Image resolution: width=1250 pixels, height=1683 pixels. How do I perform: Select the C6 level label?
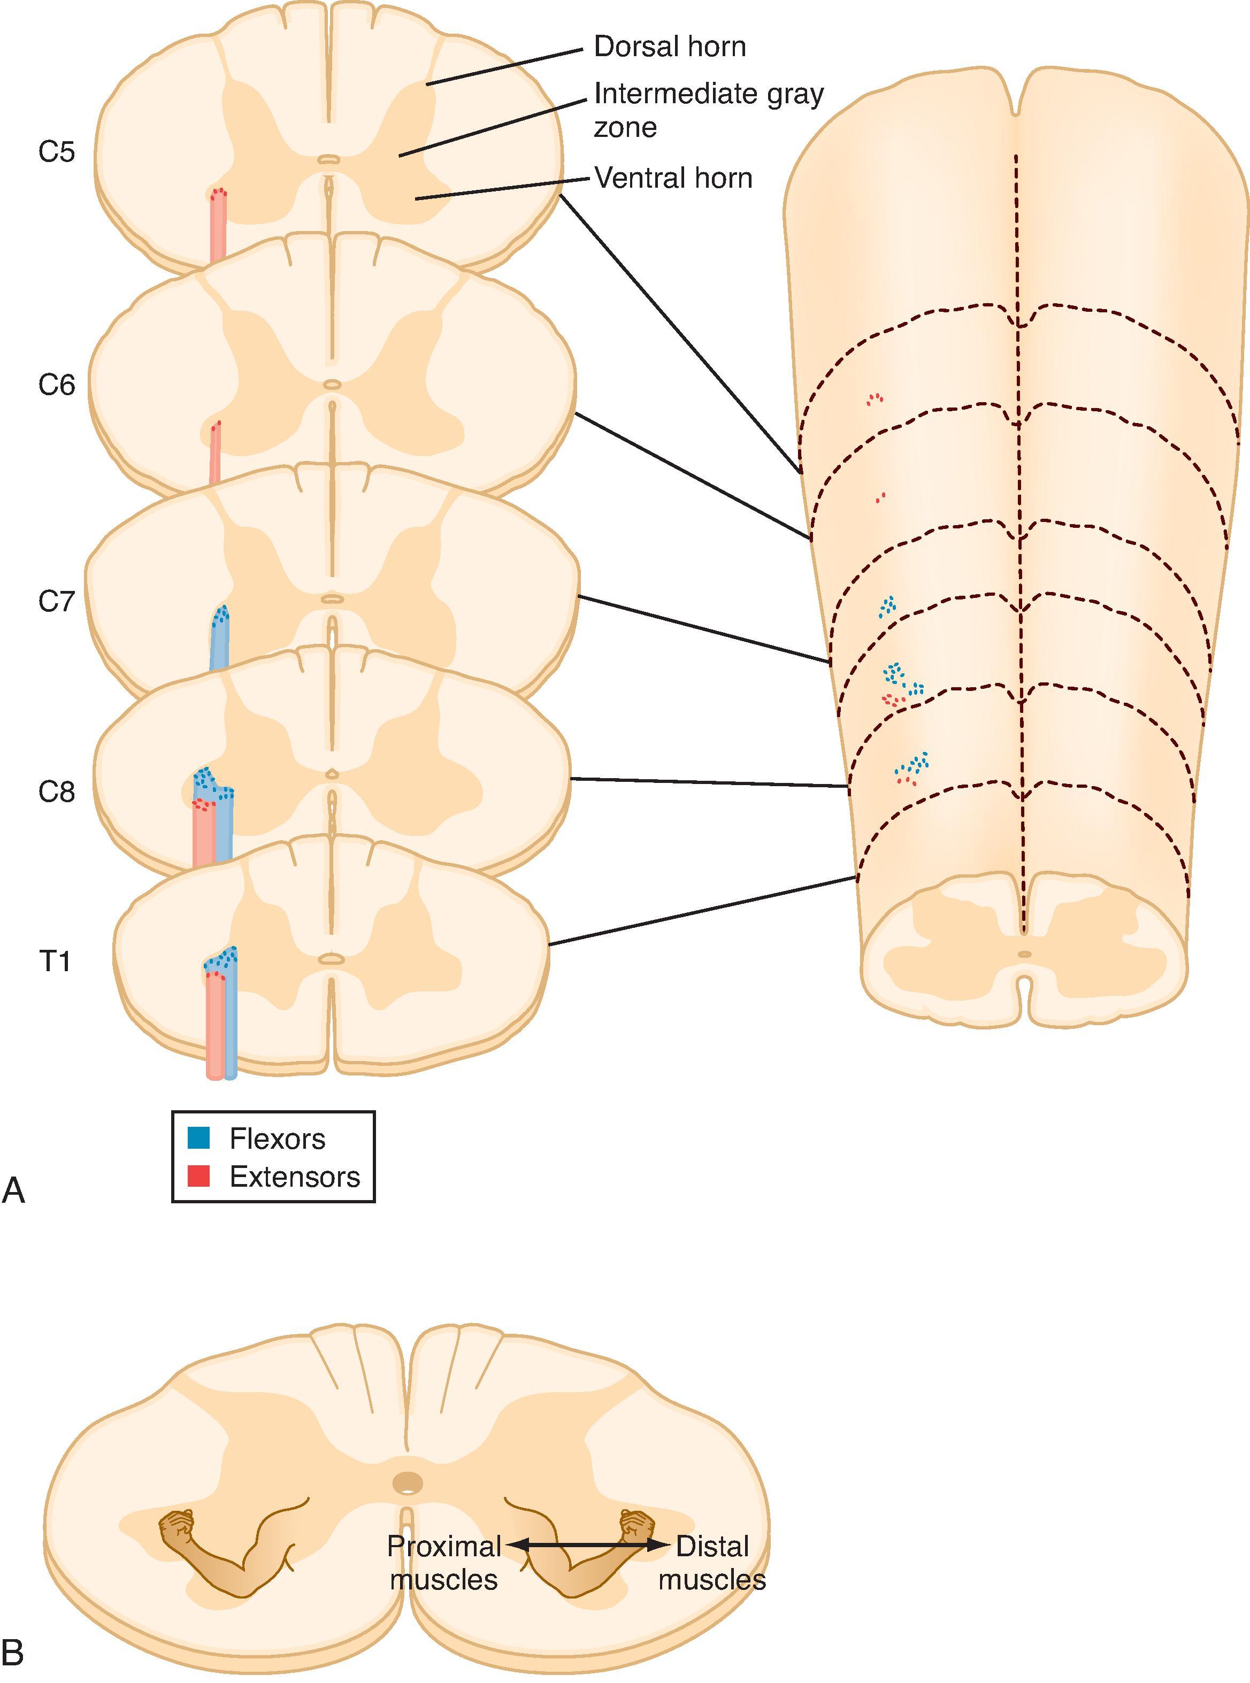[x=57, y=386]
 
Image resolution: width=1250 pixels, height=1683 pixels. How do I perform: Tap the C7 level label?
[x=57, y=603]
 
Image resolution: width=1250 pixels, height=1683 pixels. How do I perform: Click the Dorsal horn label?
[x=670, y=47]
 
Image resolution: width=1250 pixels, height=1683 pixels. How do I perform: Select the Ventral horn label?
[x=673, y=179]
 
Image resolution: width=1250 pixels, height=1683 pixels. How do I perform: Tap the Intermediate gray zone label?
[x=708, y=110]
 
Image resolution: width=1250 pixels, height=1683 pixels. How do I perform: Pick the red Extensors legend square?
[x=199, y=1176]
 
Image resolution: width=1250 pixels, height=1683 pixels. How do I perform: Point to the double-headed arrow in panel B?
[x=588, y=1546]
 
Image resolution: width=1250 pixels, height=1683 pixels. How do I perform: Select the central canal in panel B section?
[x=409, y=1484]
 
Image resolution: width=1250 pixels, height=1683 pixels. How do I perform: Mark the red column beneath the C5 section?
[x=218, y=227]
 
